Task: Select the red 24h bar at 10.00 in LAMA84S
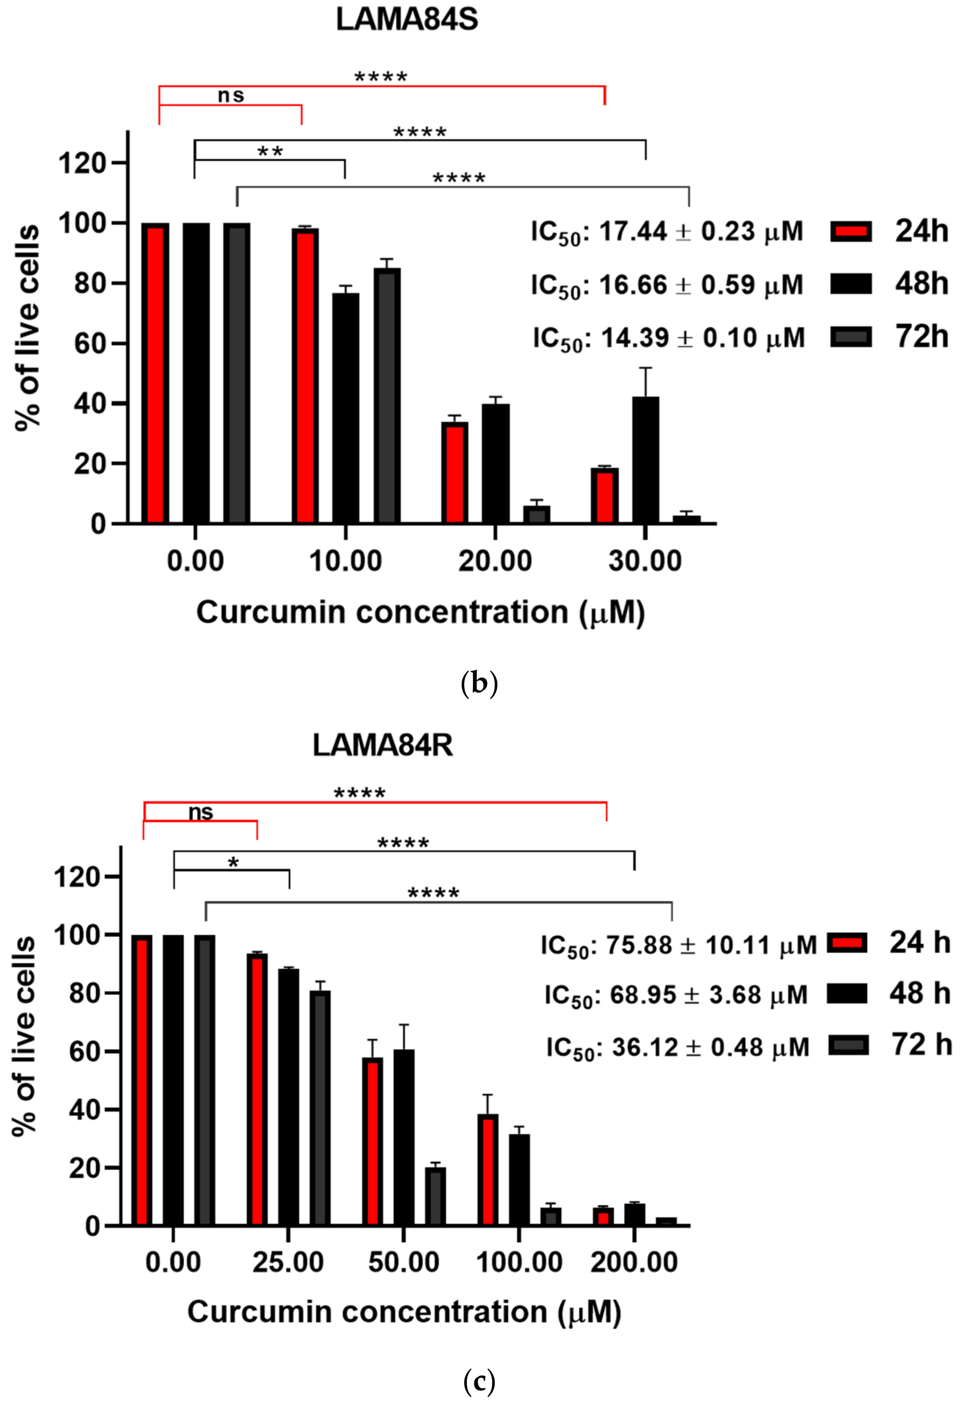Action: (x=305, y=375)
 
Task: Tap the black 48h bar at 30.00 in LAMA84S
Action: (x=646, y=459)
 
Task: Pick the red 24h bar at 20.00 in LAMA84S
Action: (x=455, y=472)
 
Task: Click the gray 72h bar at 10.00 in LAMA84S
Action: (x=387, y=396)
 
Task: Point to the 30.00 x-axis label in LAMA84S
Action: (x=645, y=561)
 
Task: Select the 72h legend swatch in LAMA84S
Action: (x=851, y=337)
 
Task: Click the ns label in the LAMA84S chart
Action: (x=231, y=96)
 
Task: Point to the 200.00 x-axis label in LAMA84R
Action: (x=634, y=1263)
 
